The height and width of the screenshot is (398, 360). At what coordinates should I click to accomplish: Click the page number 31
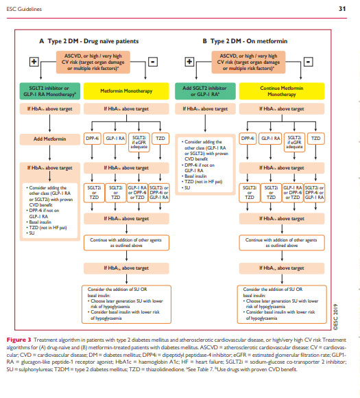[x=341, y=8]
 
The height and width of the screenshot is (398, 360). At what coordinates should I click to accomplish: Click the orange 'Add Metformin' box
[x=45, y=139]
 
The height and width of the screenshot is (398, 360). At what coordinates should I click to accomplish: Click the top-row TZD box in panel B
[x=315, y=139]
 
